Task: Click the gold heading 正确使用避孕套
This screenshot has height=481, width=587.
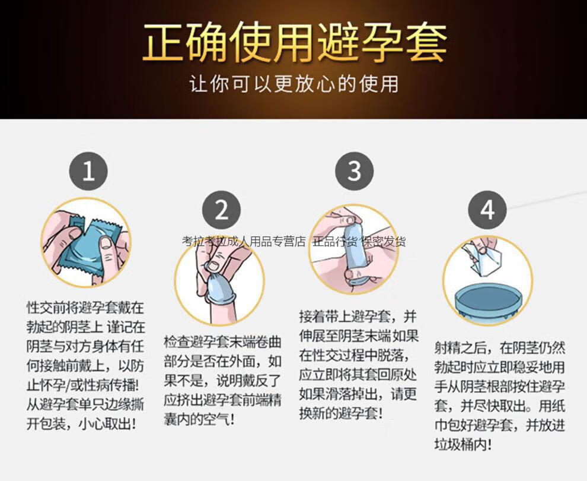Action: (293, 43)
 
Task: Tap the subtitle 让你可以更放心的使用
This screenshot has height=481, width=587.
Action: (293, 83)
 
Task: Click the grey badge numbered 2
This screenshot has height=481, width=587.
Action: (221, 210)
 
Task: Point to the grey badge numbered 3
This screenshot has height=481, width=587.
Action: (354, 171)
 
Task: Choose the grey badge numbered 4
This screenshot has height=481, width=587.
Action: (487, 210)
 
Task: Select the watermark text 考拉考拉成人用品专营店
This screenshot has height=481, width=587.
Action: (244, 242)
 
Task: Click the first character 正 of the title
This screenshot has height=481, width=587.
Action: (164, 43)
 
